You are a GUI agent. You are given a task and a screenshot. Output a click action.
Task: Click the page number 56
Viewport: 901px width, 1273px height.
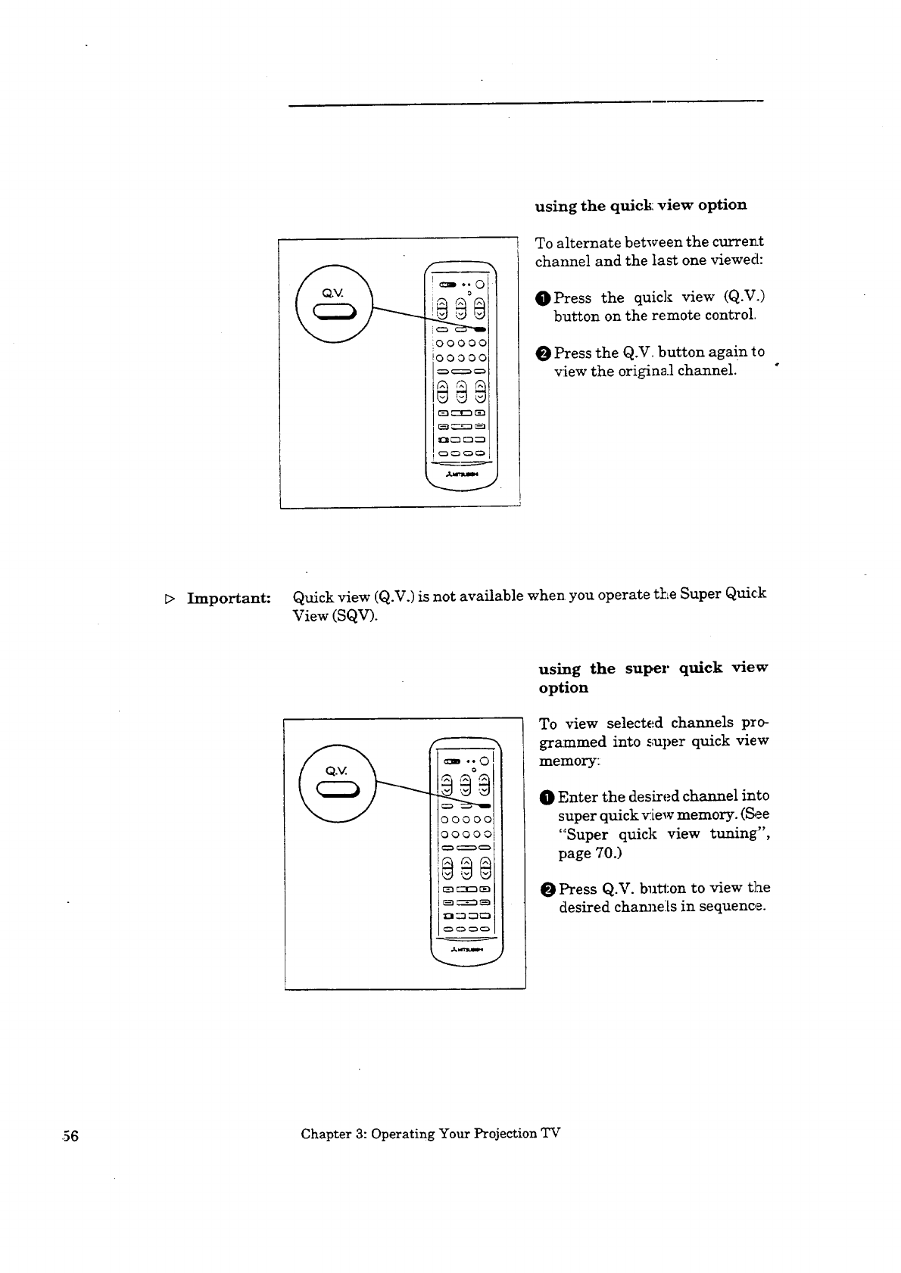point(67,1135)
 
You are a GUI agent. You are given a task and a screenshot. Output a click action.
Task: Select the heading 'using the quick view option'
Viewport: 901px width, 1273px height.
point(641,206)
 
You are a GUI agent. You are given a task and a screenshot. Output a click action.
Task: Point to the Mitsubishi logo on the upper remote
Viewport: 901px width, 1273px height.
point(461,475)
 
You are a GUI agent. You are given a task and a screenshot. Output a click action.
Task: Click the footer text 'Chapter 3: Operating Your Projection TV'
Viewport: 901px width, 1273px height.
point(430,1134)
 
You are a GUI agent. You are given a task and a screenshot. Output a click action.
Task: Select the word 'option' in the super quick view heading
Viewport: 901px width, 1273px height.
point(563,688)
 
